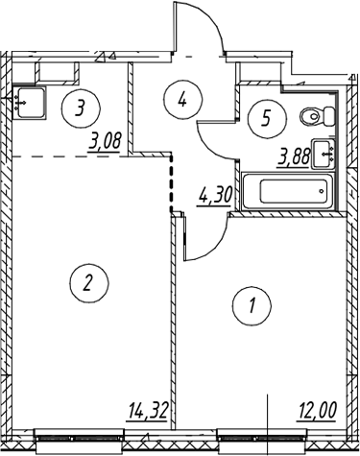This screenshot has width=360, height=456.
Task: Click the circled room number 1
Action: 252,305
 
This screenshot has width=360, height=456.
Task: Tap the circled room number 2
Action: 89,282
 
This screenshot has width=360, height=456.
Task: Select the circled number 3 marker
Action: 81,108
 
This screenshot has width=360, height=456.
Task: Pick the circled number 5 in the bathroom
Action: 266,119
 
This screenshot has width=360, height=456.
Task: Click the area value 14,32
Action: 148,412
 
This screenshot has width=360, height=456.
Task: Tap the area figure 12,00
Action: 318,412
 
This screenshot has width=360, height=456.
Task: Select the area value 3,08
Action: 106,142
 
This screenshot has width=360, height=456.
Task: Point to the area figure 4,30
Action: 215,196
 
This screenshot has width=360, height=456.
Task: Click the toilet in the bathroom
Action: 318,116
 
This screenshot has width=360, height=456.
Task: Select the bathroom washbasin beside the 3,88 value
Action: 324,154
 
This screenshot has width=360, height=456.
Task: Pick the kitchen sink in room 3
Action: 29,103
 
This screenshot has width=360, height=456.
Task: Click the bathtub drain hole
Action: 321,191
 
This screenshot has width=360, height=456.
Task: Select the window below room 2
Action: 80,438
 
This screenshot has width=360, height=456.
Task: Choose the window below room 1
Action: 262,438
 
